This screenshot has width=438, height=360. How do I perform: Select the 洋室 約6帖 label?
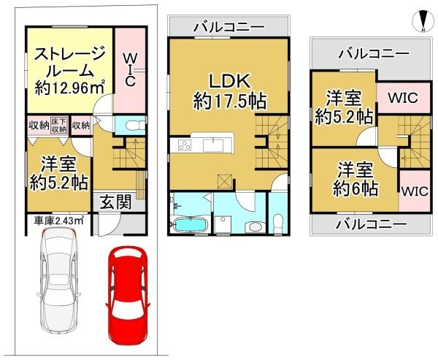356,179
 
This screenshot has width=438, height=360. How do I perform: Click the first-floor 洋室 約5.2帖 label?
59,172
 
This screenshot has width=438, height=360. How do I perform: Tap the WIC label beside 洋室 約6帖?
412,191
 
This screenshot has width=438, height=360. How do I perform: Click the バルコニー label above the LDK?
228,27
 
